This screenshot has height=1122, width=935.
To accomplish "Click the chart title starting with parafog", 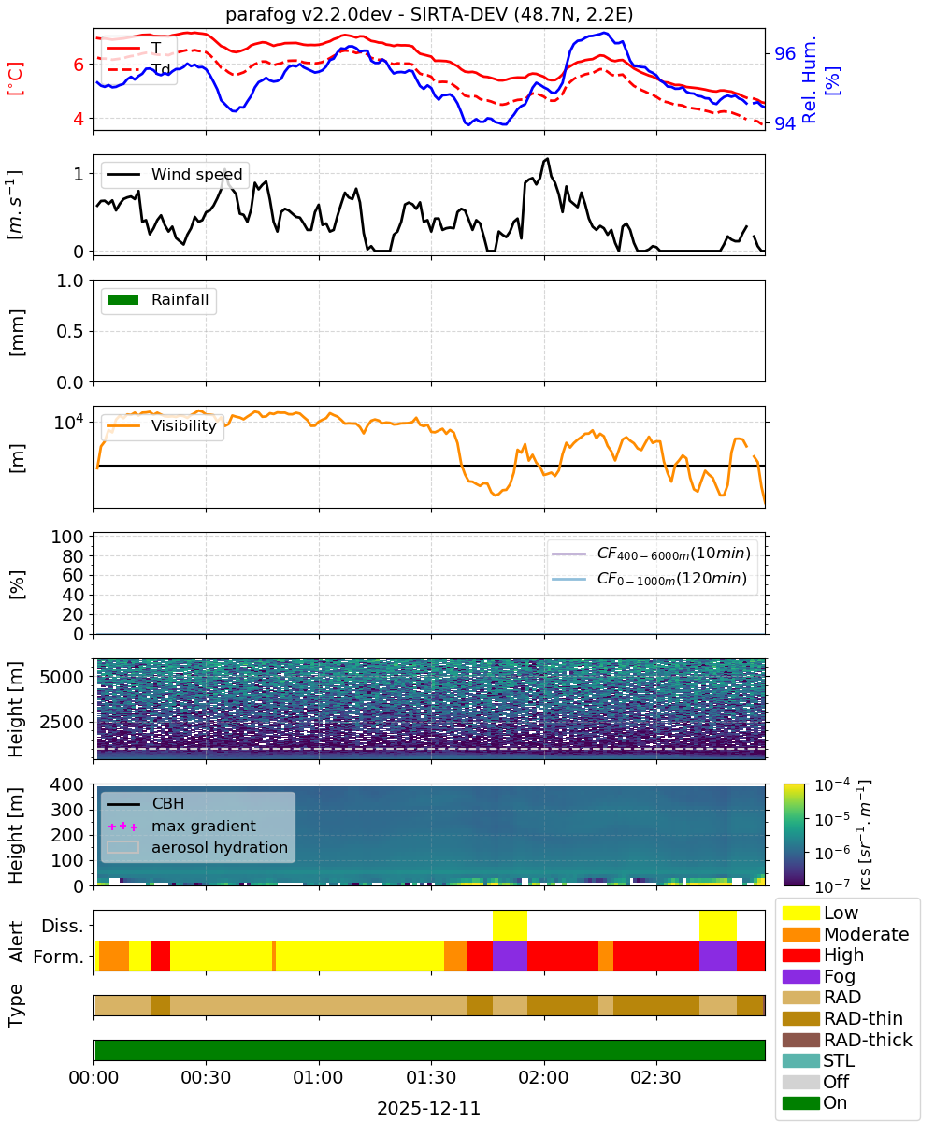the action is [429, 14].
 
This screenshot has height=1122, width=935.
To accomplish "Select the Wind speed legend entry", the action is [175, 174].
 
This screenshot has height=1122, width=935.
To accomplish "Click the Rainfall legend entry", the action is [158, 299].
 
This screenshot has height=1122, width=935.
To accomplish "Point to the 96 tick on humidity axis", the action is [784, 53].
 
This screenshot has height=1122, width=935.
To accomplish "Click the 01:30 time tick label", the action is [431, 1077].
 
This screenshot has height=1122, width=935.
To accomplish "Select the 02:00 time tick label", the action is [544, 1077].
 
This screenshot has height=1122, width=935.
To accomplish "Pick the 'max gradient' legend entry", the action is [182, 826].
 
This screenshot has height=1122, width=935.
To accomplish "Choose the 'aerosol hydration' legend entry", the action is [197, 847].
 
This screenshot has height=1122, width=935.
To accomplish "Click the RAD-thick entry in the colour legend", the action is [847, 1040].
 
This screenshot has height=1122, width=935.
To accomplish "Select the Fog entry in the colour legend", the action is [818, 976].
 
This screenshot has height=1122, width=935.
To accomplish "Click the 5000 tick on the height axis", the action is [62, 677].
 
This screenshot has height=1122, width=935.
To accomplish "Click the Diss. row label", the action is [63, 926].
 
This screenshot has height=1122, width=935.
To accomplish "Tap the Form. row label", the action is [59, 957].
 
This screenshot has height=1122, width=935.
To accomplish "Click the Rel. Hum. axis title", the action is [810, 79].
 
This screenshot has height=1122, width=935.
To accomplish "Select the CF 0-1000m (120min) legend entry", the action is [650, 578].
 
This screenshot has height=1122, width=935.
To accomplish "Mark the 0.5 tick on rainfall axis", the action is [70, 331].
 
